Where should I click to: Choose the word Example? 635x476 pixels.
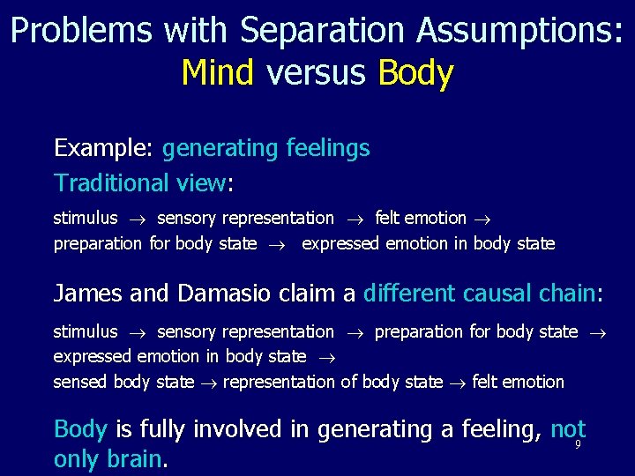104,148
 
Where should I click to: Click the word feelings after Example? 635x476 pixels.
328,148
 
